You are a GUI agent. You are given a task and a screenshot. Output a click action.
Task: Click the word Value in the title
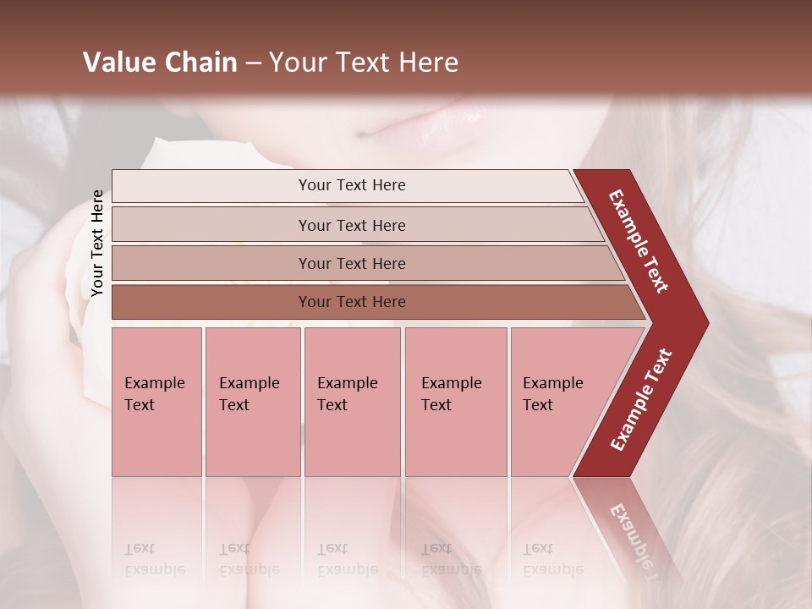[118, 63]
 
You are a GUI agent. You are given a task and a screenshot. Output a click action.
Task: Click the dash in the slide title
[253, 63]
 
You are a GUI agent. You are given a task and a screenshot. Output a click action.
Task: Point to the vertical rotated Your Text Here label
[97, 244]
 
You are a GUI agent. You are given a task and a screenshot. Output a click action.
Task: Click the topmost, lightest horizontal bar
[351, 185]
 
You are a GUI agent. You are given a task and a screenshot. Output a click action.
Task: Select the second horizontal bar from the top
[351, 225]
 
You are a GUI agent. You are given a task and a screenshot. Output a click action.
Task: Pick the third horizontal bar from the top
[351, 263]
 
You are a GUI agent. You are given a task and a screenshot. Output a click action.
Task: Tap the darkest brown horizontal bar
[351, 302]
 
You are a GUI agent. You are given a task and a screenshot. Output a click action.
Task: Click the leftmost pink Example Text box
[156, 402]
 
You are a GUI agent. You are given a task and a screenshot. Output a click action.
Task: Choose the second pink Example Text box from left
[253, 402]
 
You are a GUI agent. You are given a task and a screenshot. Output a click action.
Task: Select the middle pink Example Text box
[352, 402]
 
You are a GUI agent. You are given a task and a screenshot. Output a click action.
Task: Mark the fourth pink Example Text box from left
[455, 402]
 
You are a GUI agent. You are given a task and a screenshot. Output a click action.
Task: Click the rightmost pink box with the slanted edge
[558, 402]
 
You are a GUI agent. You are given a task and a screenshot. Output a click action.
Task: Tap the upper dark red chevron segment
[639, 240]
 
